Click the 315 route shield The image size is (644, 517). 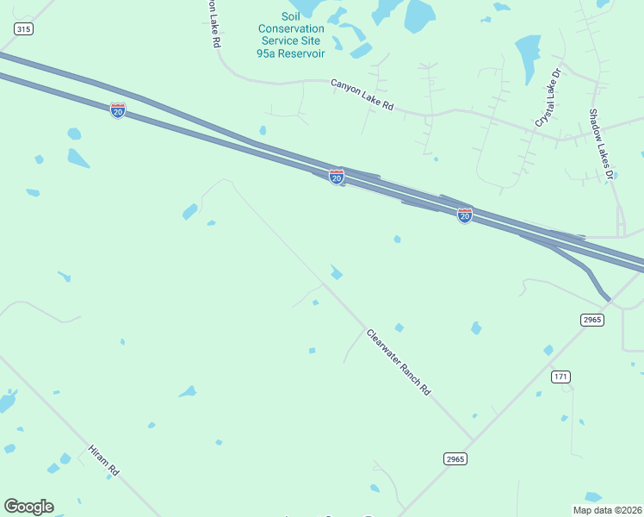23,29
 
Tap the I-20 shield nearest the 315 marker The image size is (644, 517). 118,110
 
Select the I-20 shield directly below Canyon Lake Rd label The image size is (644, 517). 337,177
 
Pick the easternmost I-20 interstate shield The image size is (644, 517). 464,215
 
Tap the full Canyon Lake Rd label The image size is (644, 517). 362,95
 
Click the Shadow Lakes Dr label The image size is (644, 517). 600,144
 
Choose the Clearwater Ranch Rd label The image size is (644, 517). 398,362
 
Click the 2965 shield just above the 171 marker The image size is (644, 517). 591,320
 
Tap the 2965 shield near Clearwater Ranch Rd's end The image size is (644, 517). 455,459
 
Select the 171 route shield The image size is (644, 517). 561,377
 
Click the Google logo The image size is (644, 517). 28,507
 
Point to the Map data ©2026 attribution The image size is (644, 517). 606,509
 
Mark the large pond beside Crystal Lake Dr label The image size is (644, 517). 525,57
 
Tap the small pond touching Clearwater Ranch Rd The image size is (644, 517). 337,274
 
